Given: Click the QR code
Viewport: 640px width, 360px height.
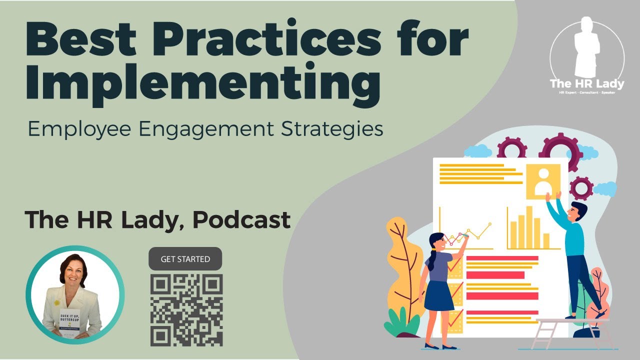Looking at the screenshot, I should coord(186,310).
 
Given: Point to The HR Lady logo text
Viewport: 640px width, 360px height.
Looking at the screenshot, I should coord(587,84).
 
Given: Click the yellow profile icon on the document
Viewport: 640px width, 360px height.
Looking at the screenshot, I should coord(542,181).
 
